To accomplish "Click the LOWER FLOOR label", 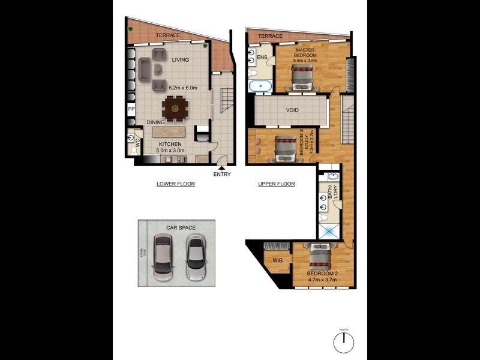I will pos(175,184).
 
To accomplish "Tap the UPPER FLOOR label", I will pos(277,184).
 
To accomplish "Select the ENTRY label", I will pos(221,174).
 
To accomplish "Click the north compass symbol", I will pos(344,343).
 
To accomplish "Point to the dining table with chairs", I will pos(175,109).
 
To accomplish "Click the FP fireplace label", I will pos(131,110).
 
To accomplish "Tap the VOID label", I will pos(292,110).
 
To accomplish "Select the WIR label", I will pos(277,260).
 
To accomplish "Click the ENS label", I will pos(262,58).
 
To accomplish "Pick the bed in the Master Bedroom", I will pos(301,77).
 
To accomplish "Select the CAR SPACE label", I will pos(181,228).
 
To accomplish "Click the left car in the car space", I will pos(163,257).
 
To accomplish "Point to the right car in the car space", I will pos(194,257).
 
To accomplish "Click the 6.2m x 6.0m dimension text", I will pos(184,88).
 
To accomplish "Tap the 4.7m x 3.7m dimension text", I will pos(322,280).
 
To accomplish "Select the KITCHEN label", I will pos(170,144).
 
